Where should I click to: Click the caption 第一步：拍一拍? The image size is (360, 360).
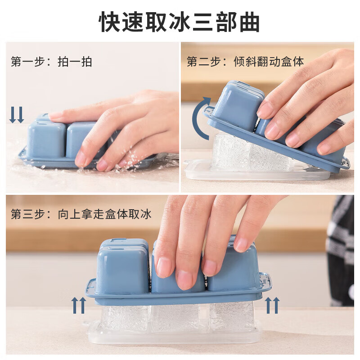pyautogui.click(x=51, y=62)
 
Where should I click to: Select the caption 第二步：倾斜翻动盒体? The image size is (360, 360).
pyautogui.click(x=245, y=62)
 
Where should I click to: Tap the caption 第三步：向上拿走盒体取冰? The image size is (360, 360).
pyautogui.click(x=81, y=214)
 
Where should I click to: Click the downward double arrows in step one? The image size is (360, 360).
pyautogui.click(x=17, y=115)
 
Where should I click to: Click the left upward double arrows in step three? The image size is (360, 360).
pyautogui.click(x=79, y=305)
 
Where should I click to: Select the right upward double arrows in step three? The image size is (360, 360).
pyautogui.click(x=272, y=305)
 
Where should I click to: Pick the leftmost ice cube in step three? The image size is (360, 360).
pyautogui.click(x=124, y=317)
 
